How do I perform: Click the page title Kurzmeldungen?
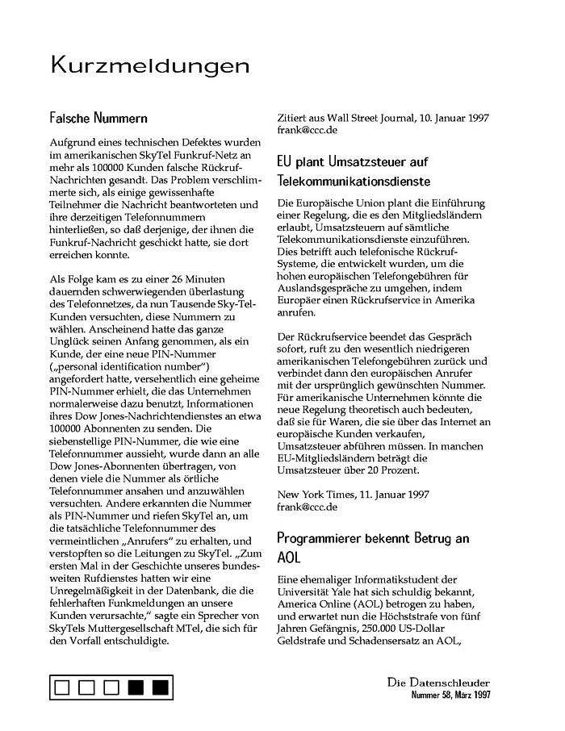pos(150,65)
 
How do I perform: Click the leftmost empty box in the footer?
pos(62,687)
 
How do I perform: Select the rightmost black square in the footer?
pos(160,687)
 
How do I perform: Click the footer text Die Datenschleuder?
pos(437,683)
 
